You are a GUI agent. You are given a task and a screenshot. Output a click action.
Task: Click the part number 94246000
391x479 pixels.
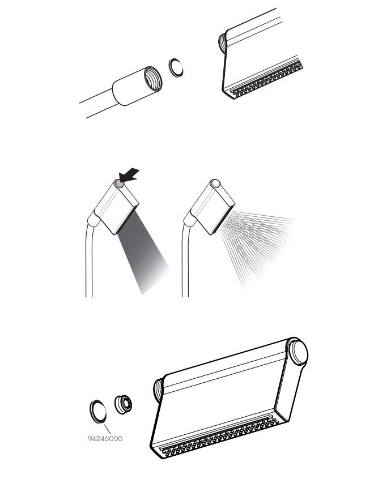[105, 439]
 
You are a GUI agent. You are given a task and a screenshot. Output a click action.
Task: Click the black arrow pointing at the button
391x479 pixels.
[129, 175]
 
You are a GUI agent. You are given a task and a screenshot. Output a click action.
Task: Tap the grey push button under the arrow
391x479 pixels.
[119, 184]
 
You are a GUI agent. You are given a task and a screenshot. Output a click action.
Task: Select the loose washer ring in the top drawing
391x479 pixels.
[176, 67]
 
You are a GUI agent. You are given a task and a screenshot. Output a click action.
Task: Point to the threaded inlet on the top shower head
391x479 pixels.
[222, 42]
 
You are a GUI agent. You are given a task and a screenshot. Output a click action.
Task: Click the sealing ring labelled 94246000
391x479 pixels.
[98, 412]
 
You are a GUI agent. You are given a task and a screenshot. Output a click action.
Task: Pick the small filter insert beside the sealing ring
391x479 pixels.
[123, 405]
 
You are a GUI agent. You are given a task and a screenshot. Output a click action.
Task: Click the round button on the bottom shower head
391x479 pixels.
[299, 352]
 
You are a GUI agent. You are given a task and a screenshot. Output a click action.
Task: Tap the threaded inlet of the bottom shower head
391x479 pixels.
[158, 390]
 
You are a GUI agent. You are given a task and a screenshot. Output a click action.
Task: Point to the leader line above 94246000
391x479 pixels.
[107, 429]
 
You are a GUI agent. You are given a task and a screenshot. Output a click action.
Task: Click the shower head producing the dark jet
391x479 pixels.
[116, 208]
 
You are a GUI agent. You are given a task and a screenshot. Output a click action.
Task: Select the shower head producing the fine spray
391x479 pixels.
[212, 207]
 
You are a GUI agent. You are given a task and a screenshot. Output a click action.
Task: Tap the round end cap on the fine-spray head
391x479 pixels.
[216, 183]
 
